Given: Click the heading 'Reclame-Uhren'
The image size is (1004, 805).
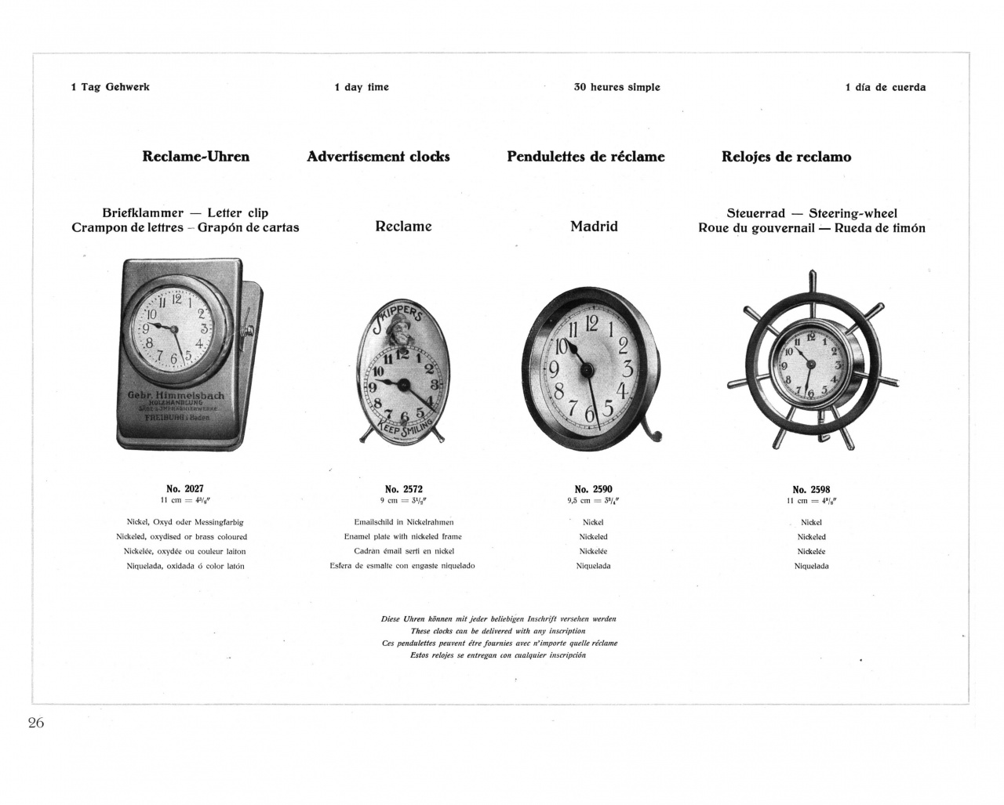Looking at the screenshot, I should tap(195, 157).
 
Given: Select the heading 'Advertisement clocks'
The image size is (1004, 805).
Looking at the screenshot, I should tap(378, 157).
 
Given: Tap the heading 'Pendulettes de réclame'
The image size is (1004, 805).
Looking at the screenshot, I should tap(585, 157).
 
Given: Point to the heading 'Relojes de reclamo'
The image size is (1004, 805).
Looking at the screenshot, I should tap(786, 157).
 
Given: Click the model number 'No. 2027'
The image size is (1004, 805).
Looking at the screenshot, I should tap(184, 489).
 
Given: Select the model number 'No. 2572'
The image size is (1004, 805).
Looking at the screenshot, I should tap(403, 489).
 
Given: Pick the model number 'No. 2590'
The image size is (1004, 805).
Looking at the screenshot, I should tap(593, 489).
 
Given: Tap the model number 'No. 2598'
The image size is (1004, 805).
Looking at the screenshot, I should tap(811, 489).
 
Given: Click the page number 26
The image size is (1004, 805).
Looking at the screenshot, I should tap(36, 723).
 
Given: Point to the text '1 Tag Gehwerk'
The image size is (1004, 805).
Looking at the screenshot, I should tap(110, 87).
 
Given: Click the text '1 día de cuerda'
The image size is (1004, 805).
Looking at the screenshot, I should tap(885, 88).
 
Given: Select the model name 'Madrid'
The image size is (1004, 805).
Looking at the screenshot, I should tap(594, 227).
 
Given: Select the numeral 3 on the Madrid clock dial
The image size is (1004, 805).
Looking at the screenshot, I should tap(627, 368).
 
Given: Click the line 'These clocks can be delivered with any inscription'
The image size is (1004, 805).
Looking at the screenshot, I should tap(498, 631).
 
